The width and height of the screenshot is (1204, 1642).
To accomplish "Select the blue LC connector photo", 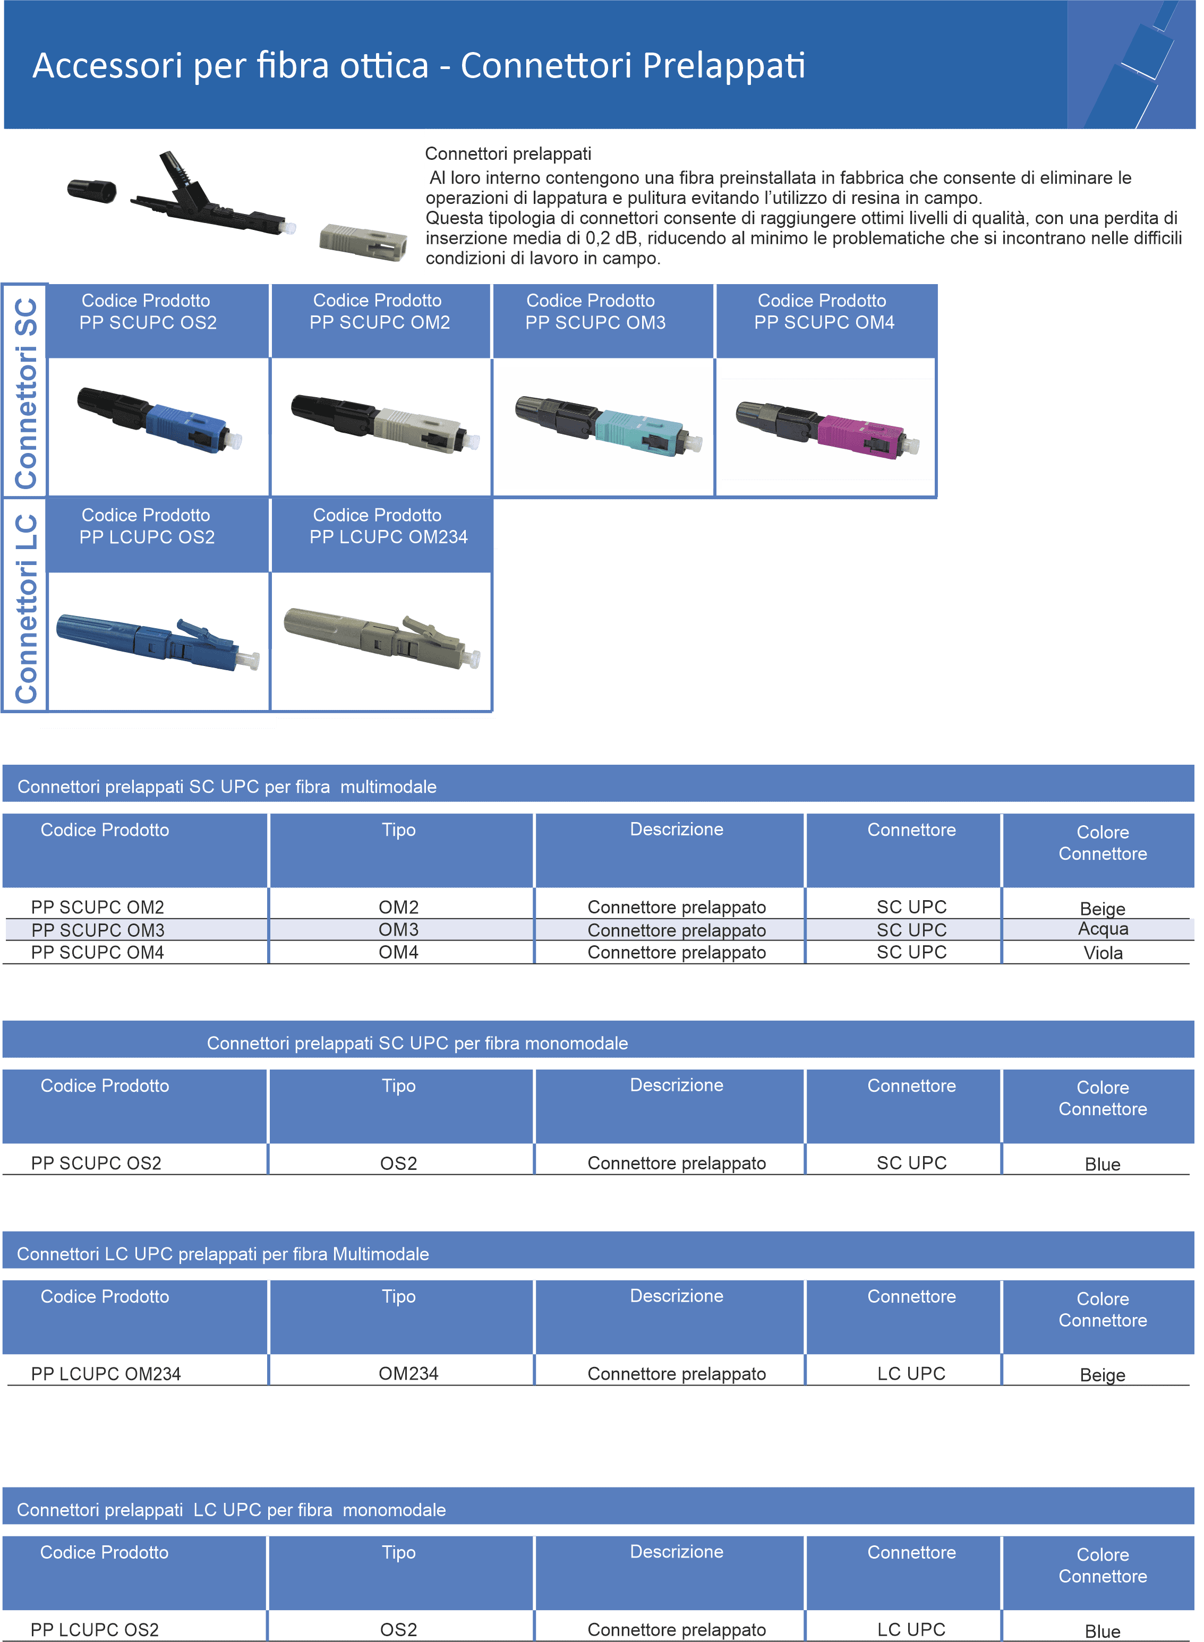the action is point(157,642).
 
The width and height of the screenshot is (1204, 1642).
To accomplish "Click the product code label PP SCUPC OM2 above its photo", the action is point(380,322).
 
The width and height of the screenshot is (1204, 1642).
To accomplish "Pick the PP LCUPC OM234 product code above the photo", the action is point(388,537).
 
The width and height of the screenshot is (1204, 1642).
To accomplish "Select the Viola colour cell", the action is point(1103,953).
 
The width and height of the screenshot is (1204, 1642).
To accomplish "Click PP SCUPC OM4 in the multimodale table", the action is point(98,953).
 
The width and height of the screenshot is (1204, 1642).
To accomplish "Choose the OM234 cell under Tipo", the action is point(408,1374).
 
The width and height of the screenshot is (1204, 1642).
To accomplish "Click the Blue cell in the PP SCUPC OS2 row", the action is point(1102,1164).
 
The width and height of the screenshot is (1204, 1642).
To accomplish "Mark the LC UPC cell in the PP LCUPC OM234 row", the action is point(911,1374).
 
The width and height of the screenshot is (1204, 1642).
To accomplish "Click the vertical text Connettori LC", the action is point(25,609).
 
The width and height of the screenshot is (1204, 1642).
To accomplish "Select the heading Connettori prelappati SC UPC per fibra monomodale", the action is point(417,1043).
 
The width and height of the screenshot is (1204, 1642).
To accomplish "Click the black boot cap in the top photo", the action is point(92,191).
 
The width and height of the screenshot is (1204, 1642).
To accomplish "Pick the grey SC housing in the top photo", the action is point(363,242).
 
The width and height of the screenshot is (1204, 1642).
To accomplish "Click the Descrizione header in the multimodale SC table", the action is point(676,829).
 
